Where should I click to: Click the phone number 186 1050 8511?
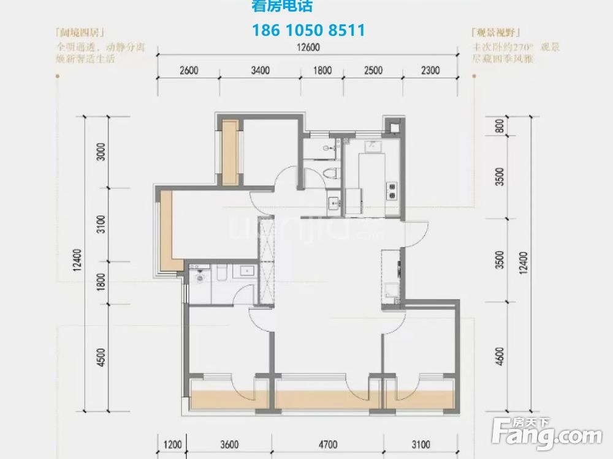click(308, 30)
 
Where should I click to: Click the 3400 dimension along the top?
click(261, 70)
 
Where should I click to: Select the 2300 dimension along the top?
click(430, 70)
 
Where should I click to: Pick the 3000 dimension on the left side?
click(102, 151)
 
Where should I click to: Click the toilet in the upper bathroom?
click(331, 172)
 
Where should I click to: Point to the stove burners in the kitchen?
click(390, 191)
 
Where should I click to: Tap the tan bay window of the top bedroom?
click(230, 153)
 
